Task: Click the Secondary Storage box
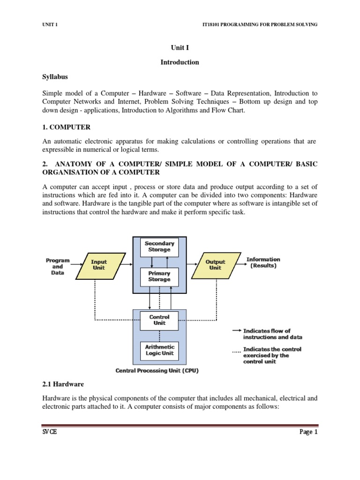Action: [x=159, y=247]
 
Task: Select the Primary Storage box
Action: [x=159, y=276]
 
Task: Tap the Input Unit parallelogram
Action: [x=99, y=265]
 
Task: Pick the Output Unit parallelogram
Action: [x=215, y=265]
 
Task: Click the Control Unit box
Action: [x=159, y=320]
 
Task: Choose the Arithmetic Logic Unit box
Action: [x=159, y=350]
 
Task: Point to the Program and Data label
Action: [x=58, y=266]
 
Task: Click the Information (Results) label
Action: [x=263, y=262]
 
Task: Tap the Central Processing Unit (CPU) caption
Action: [x=157, y=371]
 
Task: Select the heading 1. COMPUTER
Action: [x=66, y=127]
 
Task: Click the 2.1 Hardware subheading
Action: [x=63, y=384]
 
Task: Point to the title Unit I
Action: [x=180, y=47]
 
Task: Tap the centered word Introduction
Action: [x=180, y=62]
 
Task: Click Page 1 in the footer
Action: [x=308, y=433]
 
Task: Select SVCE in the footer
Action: [x=49, y=433]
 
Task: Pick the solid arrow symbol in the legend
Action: [x=237, y=331]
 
